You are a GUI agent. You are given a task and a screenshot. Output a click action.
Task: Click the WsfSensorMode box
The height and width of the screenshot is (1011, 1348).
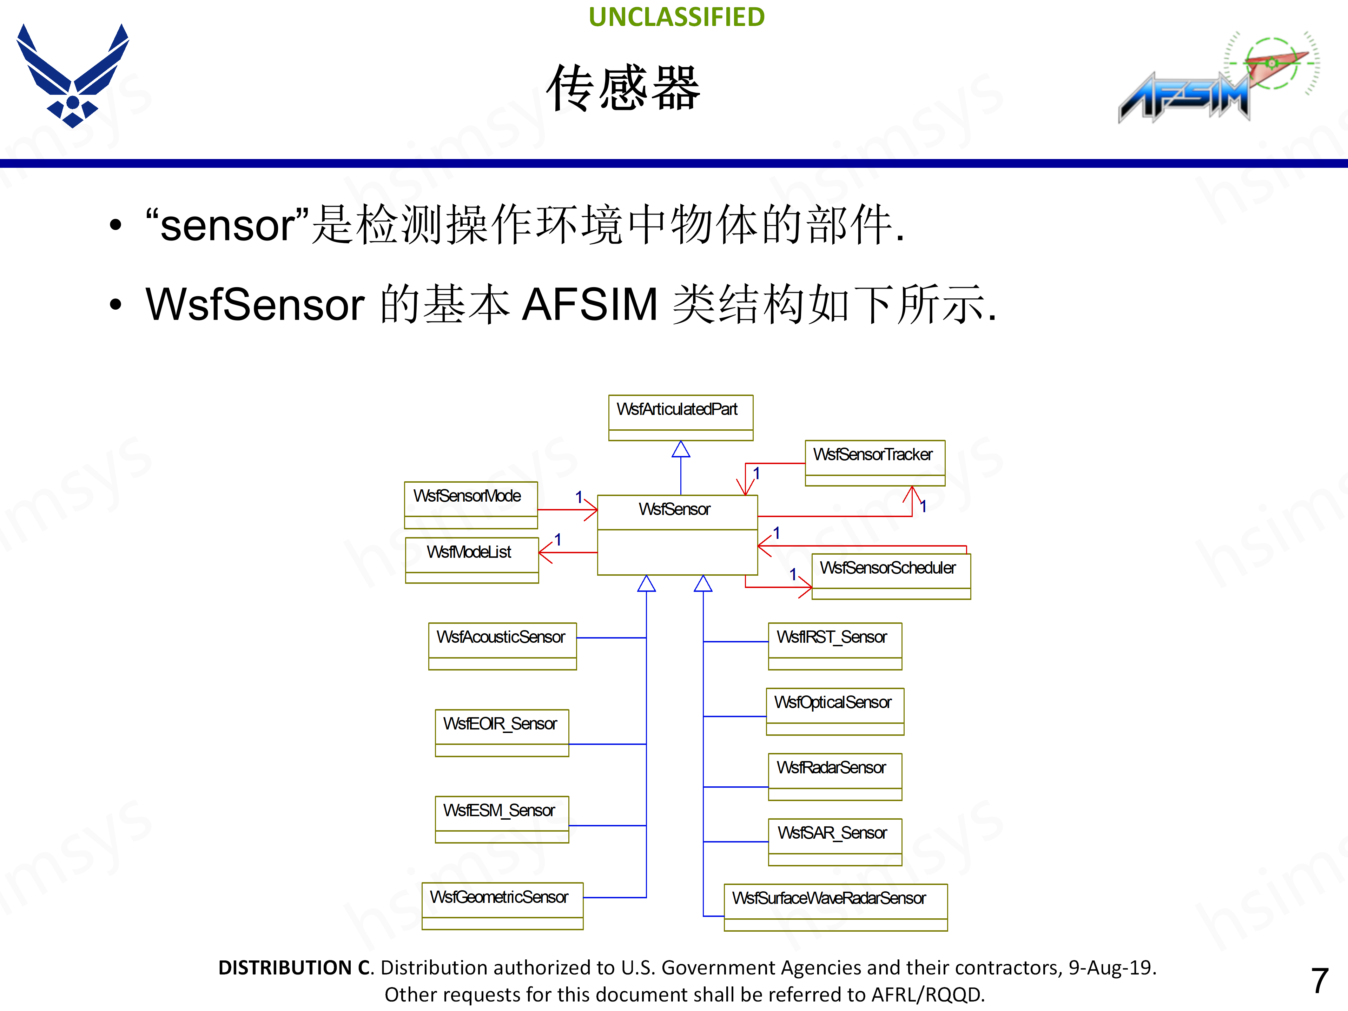(x=470, y=504)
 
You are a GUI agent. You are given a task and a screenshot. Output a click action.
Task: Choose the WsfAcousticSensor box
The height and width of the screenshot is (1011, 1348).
(x=502, y=645)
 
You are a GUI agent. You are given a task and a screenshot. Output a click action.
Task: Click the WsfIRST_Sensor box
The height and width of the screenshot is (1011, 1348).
(x=834, y=645)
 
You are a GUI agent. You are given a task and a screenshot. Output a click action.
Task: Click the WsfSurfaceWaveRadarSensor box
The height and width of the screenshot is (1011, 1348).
(x=835, y=906)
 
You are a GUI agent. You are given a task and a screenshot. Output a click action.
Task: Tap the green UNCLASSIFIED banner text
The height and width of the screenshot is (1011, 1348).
(x=676, y=17)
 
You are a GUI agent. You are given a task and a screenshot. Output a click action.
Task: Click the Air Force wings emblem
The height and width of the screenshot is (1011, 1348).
(x=73, y=76)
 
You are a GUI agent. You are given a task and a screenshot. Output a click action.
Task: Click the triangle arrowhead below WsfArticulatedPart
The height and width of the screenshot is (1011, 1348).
(x=681, y=450)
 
